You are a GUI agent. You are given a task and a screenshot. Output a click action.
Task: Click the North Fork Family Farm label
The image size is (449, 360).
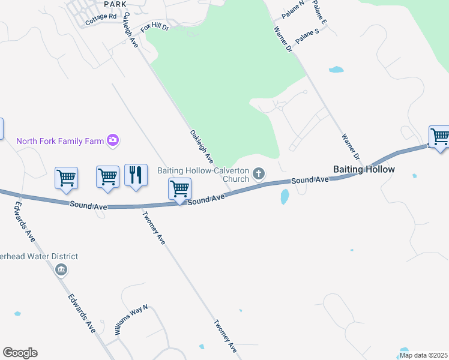pos(60,142)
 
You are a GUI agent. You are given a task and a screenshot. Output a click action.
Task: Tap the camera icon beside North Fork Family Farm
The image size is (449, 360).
pos(112,141)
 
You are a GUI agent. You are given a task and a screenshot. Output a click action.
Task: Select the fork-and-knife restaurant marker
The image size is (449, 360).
pos(136,175)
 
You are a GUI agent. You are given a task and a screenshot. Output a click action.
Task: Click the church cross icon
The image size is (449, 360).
pos(259,174)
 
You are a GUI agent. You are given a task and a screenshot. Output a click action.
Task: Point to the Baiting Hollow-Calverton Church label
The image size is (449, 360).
pos(203,175)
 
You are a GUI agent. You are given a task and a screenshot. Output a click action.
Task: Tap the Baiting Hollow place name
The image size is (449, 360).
pos(364,170)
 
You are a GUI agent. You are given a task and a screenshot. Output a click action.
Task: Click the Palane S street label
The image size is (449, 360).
pos(307,36)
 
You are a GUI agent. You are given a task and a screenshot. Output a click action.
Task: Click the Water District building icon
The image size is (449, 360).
pos(61,271)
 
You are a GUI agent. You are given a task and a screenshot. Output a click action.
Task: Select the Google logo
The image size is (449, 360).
pos(20,353)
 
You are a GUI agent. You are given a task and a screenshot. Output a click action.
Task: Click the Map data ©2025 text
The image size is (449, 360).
pos(423,355)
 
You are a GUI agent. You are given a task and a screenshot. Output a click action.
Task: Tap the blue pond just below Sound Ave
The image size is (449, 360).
pos(285,196)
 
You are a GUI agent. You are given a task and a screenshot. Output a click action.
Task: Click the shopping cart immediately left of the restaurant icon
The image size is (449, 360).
pos(107,177)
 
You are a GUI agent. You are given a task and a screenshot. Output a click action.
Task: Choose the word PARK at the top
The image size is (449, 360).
pos(115,4)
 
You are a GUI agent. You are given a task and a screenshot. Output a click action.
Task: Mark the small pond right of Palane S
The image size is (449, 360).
pos(336,70)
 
